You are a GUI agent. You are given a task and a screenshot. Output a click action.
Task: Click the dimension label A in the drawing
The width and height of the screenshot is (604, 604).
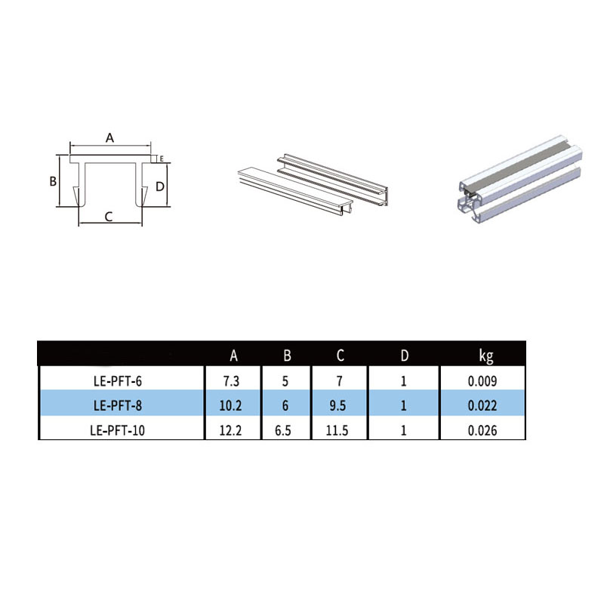tap(109, 137)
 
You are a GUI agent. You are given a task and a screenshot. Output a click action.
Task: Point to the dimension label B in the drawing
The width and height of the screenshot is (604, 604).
tap(53, 181)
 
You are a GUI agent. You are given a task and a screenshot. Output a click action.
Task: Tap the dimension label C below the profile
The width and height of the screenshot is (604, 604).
tap(109, 217)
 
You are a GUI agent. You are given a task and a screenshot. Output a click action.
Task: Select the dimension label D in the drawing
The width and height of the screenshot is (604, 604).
tap(160, 186)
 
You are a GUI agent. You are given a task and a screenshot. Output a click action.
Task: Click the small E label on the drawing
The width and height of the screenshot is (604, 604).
tap(162, 159)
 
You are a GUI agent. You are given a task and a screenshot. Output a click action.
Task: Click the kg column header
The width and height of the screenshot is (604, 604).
tap(486, 356)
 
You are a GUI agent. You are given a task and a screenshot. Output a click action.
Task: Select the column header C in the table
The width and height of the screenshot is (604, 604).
tap(341, 355)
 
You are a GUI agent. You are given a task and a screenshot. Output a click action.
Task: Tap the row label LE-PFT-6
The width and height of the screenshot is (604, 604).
tap(118, 381)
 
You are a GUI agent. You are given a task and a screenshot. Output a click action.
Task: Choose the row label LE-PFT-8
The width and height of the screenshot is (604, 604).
tap(118, 405)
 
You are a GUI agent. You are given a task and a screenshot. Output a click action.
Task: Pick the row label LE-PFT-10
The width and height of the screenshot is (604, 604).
tap(118, 430)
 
